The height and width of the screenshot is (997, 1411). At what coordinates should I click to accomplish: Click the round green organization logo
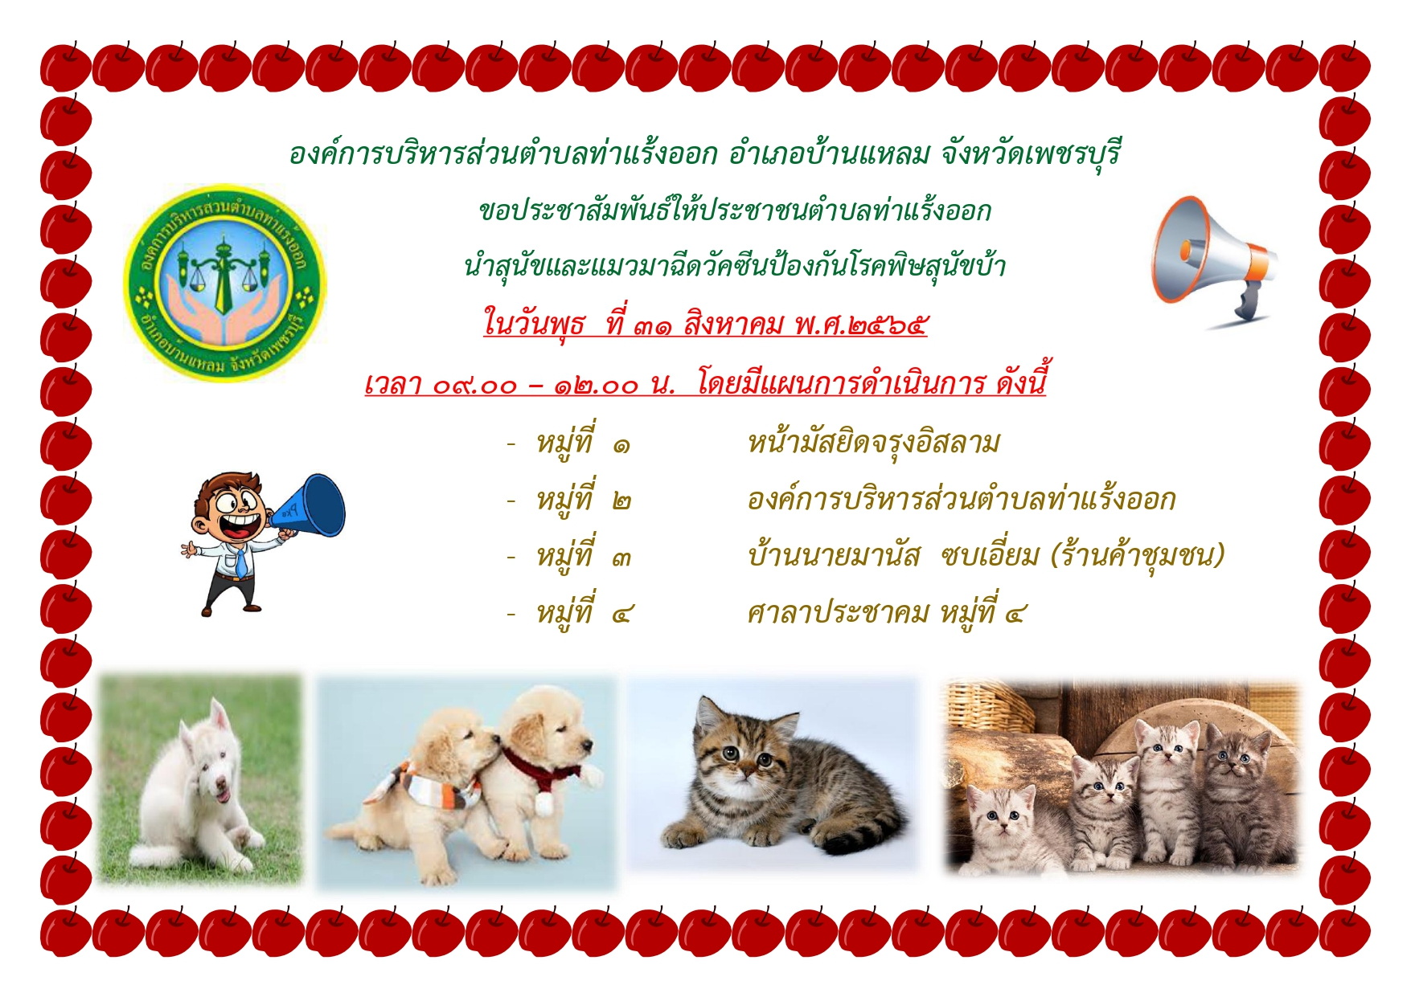click(x=225, y=282)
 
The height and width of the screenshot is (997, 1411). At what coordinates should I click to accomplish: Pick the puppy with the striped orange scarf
click(x=426, y=787)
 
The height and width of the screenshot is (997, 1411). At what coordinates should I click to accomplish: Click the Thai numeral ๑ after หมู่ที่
click(x=621, y=444)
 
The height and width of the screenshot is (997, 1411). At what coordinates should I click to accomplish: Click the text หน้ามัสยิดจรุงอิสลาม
click(x=873, y=443)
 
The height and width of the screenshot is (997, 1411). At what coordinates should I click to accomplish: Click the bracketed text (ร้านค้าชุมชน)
click(x=1138, y=555)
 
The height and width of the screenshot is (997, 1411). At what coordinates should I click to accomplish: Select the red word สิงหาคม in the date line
click(x=733, y=324)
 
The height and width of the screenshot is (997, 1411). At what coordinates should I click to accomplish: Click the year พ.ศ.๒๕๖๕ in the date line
click(x=860, y=325)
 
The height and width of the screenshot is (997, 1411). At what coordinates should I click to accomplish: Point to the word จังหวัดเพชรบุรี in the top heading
click(x=1030, y=153)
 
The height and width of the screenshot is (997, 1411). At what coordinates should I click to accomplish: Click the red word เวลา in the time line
click(x=394, y=384)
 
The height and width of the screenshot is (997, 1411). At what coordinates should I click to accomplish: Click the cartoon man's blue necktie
click(x=240, y=562)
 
